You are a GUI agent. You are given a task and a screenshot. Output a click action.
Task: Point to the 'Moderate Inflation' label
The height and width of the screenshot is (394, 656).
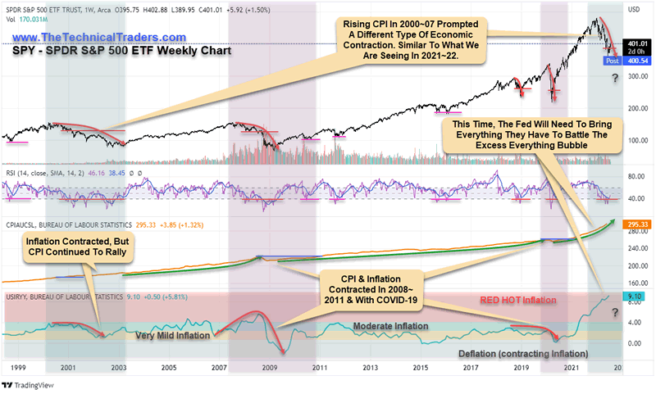point(391,326)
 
